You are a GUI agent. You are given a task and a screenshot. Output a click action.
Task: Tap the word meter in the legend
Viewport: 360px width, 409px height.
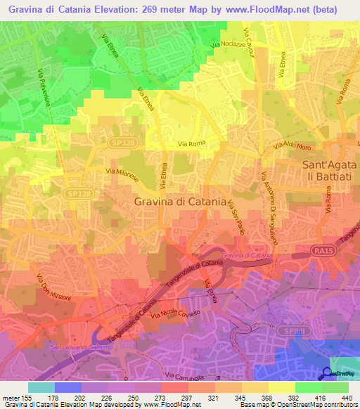(14, 397)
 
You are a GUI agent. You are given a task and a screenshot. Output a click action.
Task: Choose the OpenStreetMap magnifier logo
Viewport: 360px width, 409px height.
(327, 374)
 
